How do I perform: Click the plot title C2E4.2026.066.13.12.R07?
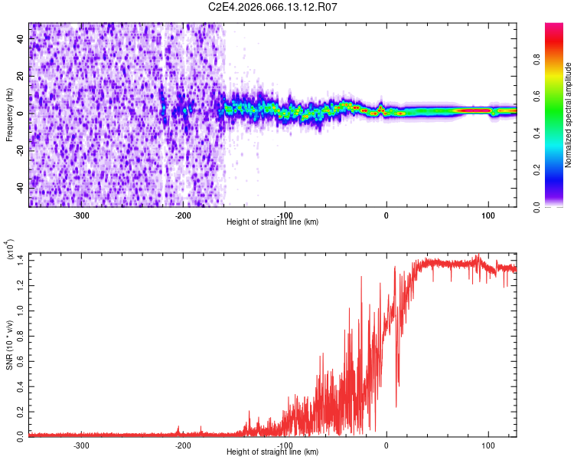[273, 7]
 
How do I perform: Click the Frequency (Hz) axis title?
[9, 114]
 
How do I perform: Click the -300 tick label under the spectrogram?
[81, 214]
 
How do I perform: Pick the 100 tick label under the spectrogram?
[488, 214]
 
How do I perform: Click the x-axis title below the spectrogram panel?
[272, 222]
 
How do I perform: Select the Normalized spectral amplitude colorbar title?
[569, 114]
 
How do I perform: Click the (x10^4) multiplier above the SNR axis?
[11, 250]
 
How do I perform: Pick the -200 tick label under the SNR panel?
[182, 444]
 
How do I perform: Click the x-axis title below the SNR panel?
[272, 452]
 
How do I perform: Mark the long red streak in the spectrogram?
[473, 110]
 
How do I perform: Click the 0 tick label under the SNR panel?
[386, 444]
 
